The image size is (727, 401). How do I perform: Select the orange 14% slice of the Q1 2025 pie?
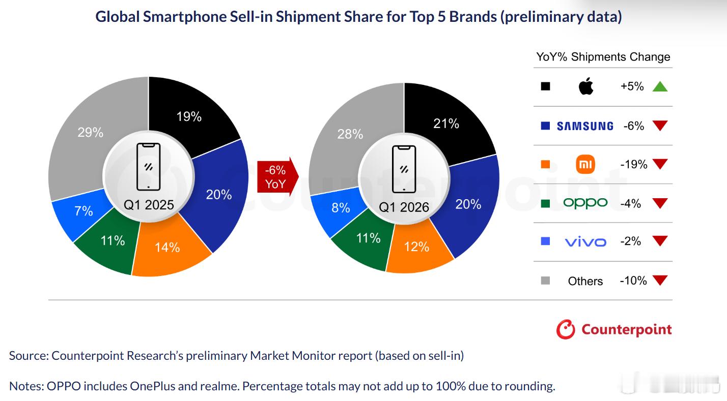[x=168, y=249]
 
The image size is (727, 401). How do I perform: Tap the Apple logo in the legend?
[x=586, y=87]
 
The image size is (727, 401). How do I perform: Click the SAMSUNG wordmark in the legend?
[x=585, y=126]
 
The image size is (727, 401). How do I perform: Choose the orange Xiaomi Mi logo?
[x=585, y=165]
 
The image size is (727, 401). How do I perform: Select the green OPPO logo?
[x=585, y=203]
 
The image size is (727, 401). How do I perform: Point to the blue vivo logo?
[x=585, y=242]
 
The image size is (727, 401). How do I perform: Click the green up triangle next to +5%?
[x=660, y=87]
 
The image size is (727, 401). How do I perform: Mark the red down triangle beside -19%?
[x=660, y=165]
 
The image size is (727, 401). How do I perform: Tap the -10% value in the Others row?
[x=633, y=281]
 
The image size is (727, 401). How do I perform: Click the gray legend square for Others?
[x=545, y=281]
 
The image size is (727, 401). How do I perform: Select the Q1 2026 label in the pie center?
[x=404, y=207]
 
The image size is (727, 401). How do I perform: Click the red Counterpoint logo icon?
[x=566, y=329]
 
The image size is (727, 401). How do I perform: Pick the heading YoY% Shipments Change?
[x=603, y=57]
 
